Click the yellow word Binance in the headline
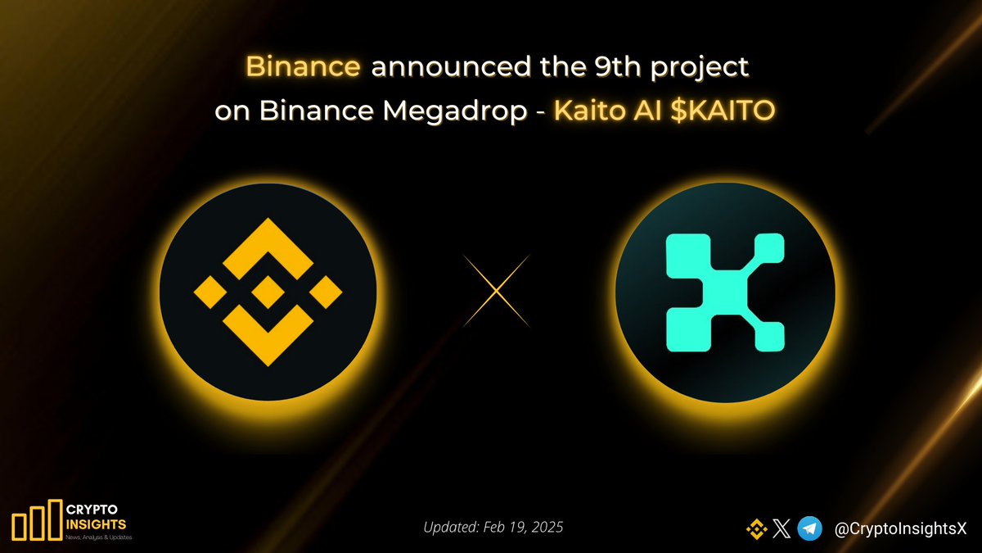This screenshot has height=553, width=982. (x=303, y=67)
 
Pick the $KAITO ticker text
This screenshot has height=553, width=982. (x=721, y=112)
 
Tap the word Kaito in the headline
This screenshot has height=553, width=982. (x=588, y=112)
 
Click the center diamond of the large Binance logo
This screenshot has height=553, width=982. (x=267, y=292)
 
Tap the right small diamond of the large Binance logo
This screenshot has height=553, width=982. (x=325, y=292)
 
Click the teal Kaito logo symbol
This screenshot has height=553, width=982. (x=725, y=292)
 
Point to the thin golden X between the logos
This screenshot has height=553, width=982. (x=496, y=292)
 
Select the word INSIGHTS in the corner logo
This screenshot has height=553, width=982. (x=97, y=524)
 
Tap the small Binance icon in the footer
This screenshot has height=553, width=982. (x=755, y=529)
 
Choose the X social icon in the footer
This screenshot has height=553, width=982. (x=782, y=529)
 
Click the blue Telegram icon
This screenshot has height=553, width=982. (x=809, y=529)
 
